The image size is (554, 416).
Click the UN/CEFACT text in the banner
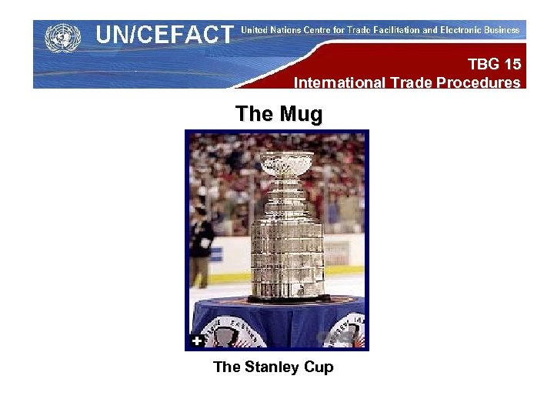click(x=164, y=35)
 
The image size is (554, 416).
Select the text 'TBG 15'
click(x=494, y=65)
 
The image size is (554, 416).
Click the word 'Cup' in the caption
click(x=319, y=367)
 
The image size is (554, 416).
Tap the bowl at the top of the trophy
click(x=287, y=163)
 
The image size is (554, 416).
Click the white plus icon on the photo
click(x=197, y=341)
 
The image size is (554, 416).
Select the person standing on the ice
click(x=201, y=247)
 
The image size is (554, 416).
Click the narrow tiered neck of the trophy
click(x=287, y=197)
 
